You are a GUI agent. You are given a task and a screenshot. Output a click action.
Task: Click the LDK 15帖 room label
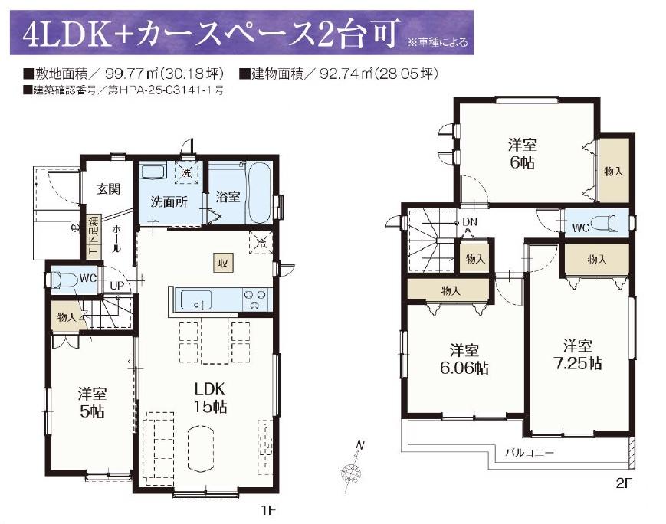(x=210, y=398)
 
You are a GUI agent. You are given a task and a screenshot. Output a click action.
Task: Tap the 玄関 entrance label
(x=108, y=189)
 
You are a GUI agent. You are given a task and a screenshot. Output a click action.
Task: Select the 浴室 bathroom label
(x=228, y=197)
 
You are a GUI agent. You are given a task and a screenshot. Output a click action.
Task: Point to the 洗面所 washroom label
(x=169, y=201)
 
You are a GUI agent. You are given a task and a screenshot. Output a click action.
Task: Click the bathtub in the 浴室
(x=259, y=193)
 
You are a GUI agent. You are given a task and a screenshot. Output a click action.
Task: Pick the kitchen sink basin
(x=196, y=300)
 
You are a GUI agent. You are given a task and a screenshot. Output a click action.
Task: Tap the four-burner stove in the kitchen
(x=255, y=300)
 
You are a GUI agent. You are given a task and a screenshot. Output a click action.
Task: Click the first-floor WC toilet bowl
(x=64, y=280)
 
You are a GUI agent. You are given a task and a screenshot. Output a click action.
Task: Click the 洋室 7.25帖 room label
(x=578, y=355)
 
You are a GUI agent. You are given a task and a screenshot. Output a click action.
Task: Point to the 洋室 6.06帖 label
(x=464, y=359)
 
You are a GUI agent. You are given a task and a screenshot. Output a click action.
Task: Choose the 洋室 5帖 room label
(x=92, y=403)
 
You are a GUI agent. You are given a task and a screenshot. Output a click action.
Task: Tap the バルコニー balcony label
(x=530, y=453)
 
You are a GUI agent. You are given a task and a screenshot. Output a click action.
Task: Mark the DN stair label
(x=469, y=221)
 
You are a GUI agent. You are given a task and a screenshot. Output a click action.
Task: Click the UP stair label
(x=116, y=285)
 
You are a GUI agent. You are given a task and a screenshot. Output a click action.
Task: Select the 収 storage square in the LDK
(x=223, y=264)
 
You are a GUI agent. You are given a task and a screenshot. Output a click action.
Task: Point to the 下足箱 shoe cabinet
(x=94, y=236)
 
